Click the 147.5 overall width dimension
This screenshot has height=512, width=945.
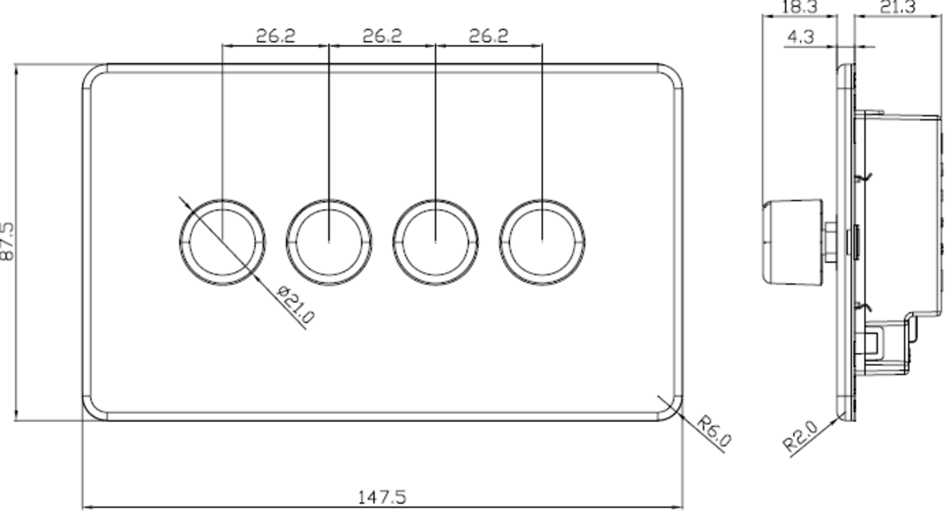pyautogui.click(x=382, y=498)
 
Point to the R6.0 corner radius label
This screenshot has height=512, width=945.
pyautogui.click(x=714, y=432)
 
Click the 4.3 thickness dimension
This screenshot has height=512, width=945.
pyautogui.click(x=800, y=36)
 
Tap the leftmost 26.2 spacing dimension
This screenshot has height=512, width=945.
pyautogui.click(x=275, y=36)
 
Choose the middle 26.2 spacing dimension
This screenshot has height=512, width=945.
pyautogui.click(x=382, y=36)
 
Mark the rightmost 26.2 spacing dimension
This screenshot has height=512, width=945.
pyautogui.click(x=489, y=36)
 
